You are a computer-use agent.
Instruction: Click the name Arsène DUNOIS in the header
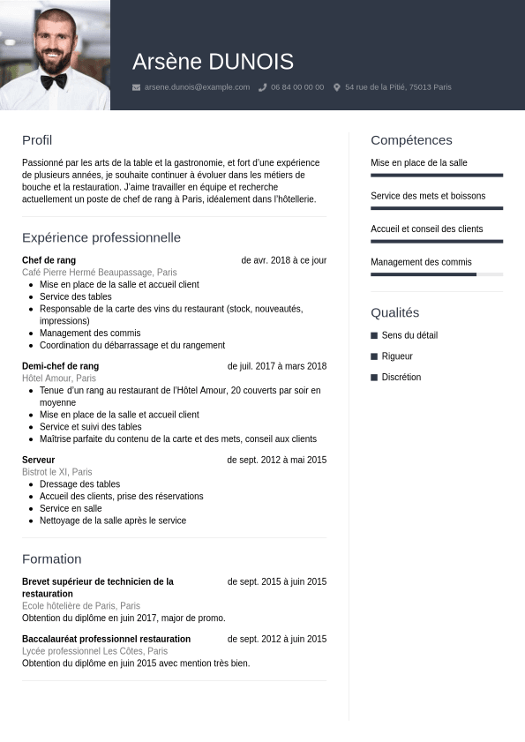coord(213,62)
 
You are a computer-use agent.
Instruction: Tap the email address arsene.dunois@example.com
coord(197,87)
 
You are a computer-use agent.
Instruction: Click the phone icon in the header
coord(263,87)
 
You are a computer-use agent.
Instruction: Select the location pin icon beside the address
coord(337,87)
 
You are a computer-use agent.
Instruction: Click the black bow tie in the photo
coord(53,80)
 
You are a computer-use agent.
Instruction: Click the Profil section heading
coord(37,140)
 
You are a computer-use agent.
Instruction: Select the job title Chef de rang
coord(49,260)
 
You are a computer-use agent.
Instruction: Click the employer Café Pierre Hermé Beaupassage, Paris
coord(99,273)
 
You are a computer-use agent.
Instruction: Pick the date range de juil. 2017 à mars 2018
coord(276,366)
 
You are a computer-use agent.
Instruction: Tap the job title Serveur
coord(38,460)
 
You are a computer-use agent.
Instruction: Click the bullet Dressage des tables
coord(79,484)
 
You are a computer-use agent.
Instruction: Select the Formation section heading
coord(51,558)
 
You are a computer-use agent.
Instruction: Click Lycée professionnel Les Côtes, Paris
coord(94,651)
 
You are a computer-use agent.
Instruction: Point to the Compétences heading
coord(411,140)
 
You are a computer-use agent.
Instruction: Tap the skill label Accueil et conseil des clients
coord(426,229)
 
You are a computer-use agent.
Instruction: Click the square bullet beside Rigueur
coord(374,356)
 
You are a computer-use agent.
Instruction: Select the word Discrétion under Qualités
coord(401,378)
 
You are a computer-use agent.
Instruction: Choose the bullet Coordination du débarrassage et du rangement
coord(131,345)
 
